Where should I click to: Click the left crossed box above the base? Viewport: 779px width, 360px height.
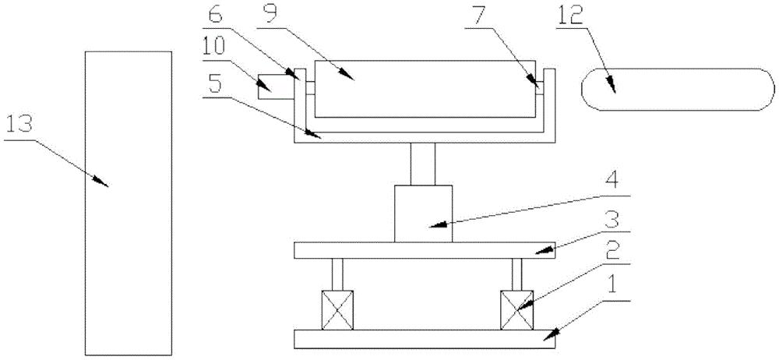tap(338, 309)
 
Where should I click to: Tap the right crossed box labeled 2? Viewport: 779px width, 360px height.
tap(516, 309)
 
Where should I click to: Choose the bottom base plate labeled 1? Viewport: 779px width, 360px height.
tap(425, 338)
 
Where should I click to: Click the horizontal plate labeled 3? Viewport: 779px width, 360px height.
tap(425, 250)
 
